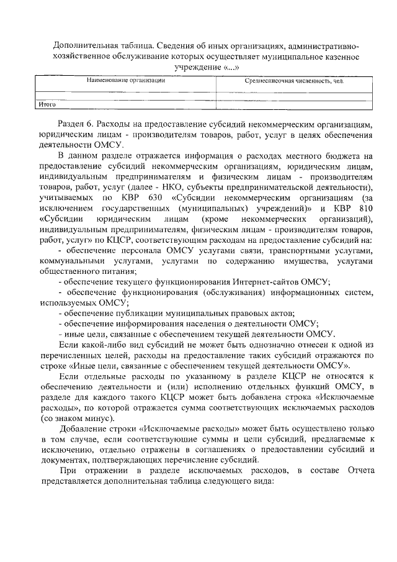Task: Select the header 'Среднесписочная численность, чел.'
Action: click(293, 81)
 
